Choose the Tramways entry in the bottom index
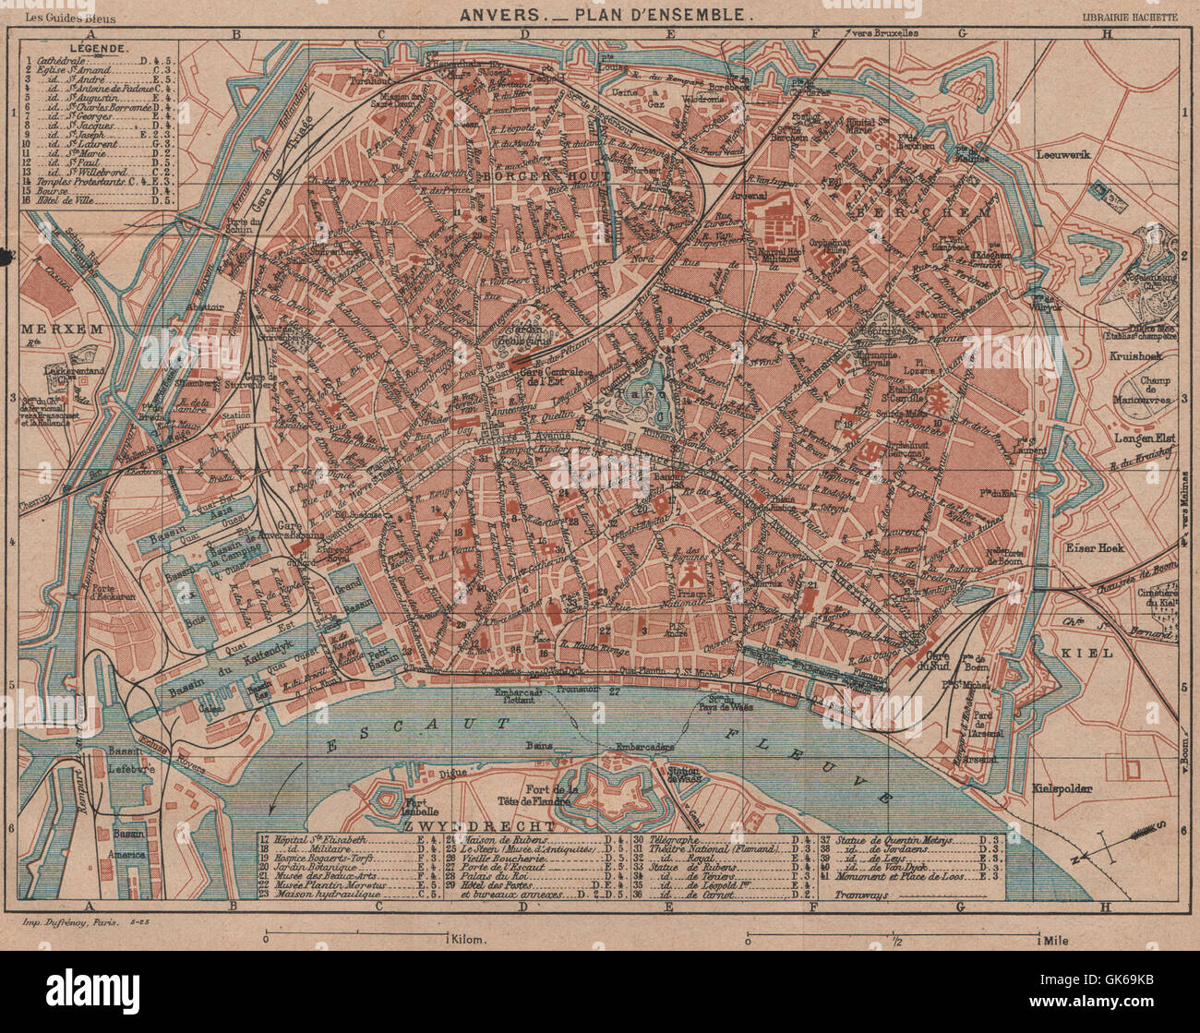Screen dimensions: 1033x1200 [x=866, y=895]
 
